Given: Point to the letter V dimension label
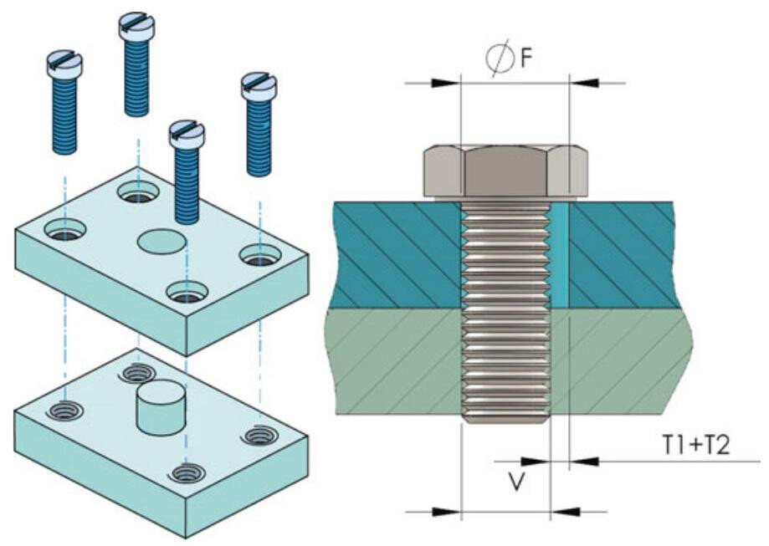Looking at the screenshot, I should [518, 482].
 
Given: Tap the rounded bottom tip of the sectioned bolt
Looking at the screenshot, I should [505, 417].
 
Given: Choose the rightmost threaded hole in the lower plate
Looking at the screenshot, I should [257, 436].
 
